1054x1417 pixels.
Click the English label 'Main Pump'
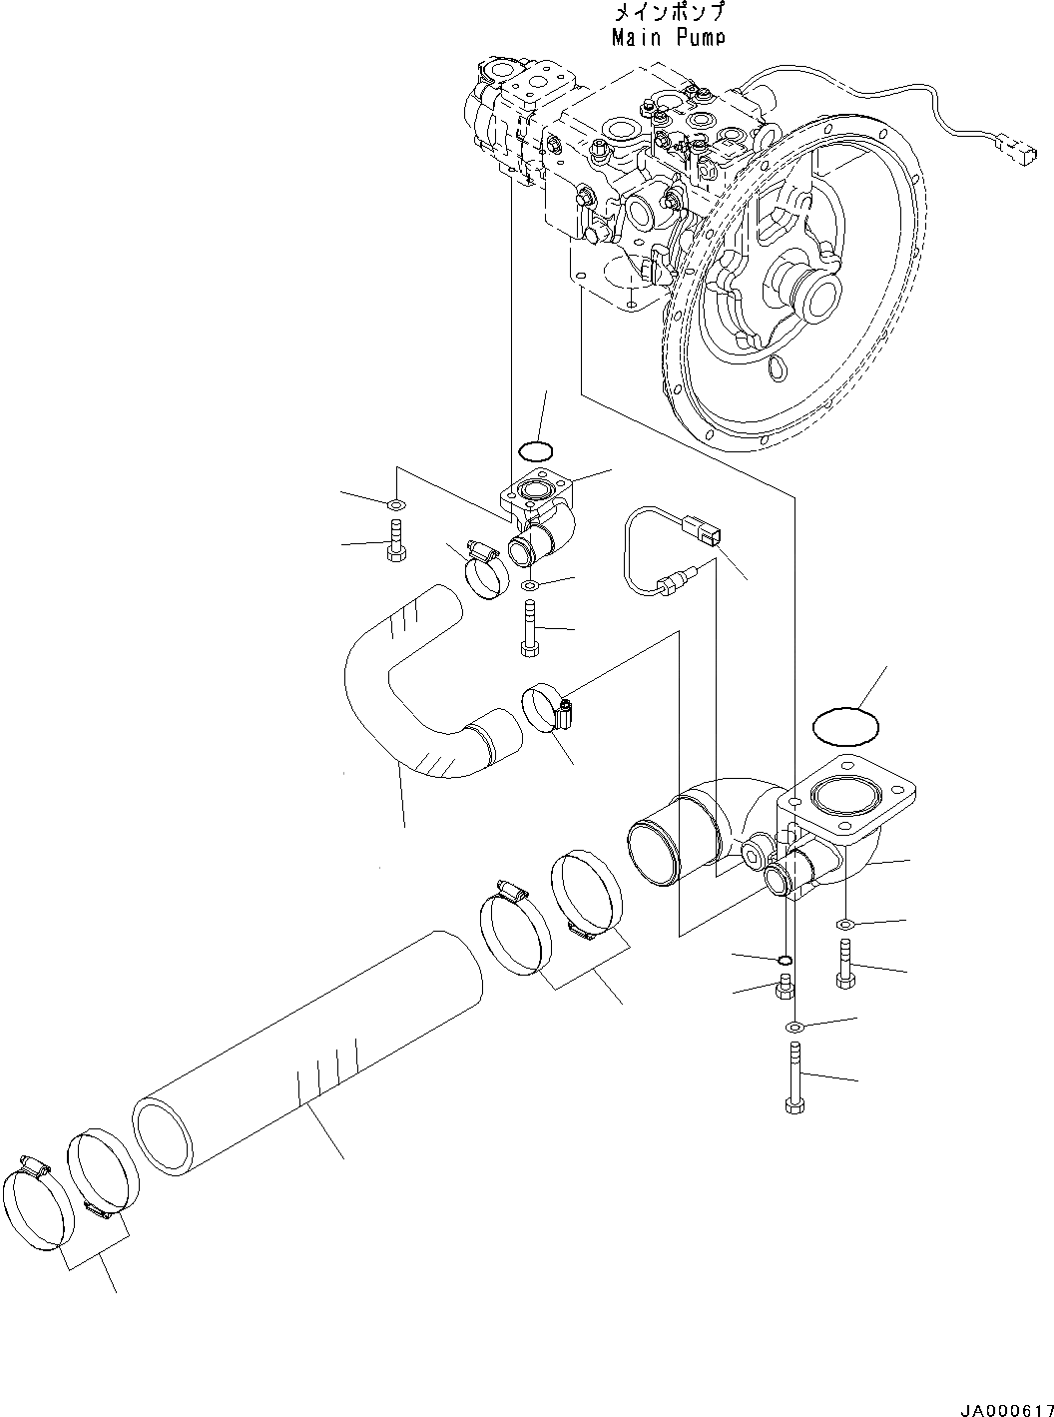tap(667, 37)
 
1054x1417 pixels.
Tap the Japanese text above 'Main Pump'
tap(667, 13)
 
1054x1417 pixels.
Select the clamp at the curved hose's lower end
tap(547, 707)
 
